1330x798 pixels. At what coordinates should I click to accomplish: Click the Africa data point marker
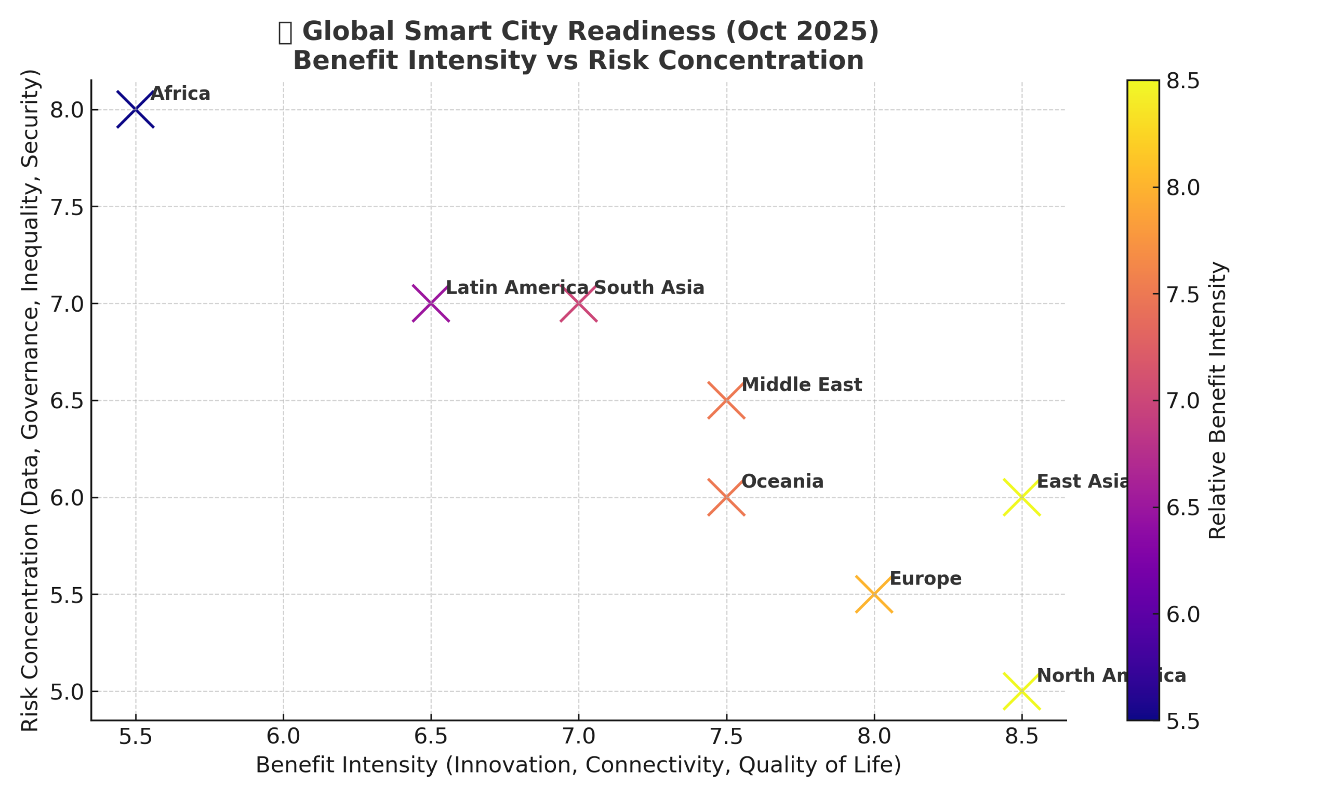[136, 110]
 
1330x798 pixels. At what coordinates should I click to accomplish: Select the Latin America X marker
[431, 303]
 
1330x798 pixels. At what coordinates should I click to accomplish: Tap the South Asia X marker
[578, 303]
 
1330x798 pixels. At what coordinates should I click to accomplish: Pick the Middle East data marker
[726, 401]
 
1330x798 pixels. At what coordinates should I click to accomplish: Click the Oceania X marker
[726, 497]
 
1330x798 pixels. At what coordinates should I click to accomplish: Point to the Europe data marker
[874, 594]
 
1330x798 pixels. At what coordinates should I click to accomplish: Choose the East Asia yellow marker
[1021, 497]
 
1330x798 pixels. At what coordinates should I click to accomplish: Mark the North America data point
[1021, 691]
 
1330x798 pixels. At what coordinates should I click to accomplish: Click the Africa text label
[180, 94]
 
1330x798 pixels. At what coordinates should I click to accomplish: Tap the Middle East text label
[802, 385]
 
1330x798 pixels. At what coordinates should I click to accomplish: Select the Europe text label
[925, 579]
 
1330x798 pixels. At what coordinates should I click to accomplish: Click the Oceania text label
[782, 482]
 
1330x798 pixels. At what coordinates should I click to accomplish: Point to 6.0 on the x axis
[283, 737]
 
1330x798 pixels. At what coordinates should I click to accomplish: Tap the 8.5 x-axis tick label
[1021, 737]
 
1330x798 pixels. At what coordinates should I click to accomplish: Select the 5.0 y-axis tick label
[66, 692]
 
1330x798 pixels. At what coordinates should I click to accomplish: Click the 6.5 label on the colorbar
[1182, 508]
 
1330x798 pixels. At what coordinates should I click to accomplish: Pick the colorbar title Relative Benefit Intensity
[1217, 401]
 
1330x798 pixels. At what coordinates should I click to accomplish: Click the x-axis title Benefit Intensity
[578, 765]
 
